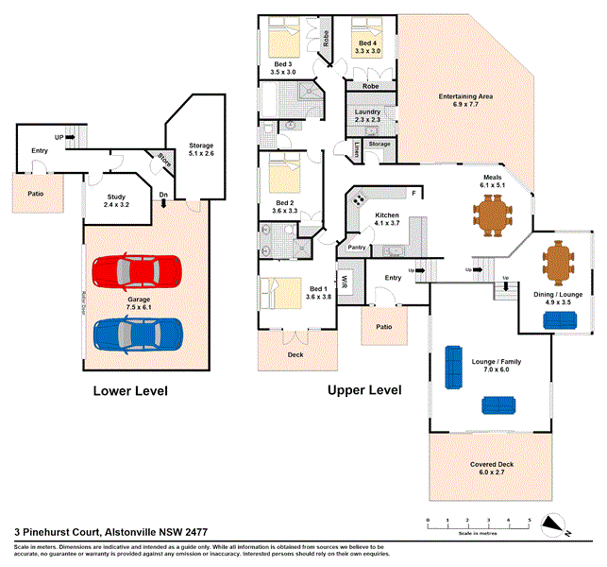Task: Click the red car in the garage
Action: click(136, 271)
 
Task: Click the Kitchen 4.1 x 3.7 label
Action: click(388, 221)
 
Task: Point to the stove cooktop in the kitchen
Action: click(360, 199)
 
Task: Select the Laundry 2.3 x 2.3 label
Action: click(366, 116)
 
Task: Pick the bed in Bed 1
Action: click(278, 293)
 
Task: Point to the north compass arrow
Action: click(560, 525)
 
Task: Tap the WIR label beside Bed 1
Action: click(346, 282)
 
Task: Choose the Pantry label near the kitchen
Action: click(357, 248)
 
